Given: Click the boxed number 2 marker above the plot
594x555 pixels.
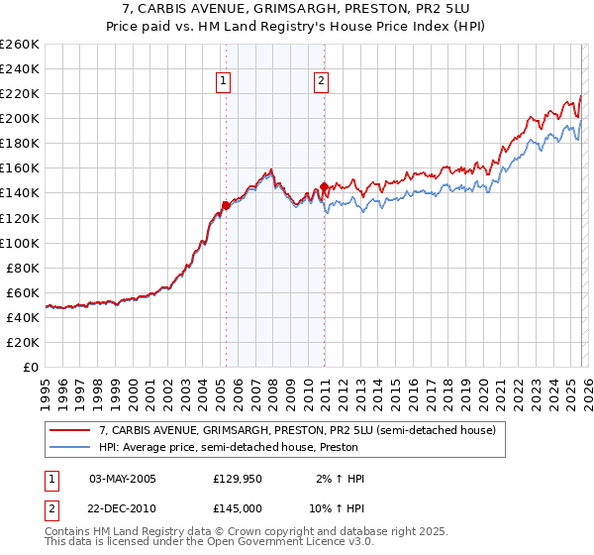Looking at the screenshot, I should pyautogui.click(x=322, y=82).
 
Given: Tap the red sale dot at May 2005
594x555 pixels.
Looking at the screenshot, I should pyautogui.click(x=226, y=205).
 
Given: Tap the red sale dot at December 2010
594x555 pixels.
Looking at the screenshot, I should pyautogui.click(x=325, y=186).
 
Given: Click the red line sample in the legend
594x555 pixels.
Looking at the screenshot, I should pyautogui.click(x=71, y=430).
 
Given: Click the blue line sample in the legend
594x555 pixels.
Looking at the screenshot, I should pyautogui.click(x=71, y=447).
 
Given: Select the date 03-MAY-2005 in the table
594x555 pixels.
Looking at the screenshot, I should pyautogui.click(x=123, y=479).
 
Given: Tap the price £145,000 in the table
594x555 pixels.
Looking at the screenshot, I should pyautogui.click(x=238, y=506).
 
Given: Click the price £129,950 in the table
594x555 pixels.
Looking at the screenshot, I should pyautogui.click(x=238, y=479).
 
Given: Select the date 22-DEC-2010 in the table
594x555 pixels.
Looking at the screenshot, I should pyautogui.click(x=123, y=506).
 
